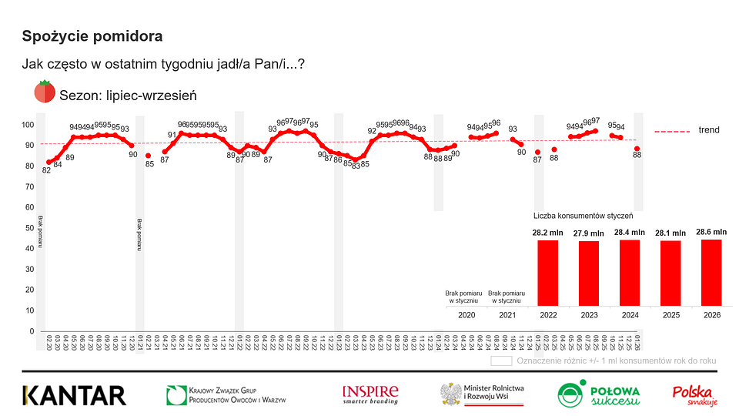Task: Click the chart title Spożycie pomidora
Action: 92,36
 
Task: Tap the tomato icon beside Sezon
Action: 44,92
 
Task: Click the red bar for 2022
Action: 548,273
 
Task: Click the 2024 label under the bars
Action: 630,315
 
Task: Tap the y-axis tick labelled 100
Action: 27,125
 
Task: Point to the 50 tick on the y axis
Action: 29,228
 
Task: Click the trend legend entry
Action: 708,130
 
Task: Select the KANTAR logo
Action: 74,396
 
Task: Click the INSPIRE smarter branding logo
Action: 370,394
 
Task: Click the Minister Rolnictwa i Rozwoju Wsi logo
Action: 483,394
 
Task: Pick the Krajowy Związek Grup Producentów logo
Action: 226,395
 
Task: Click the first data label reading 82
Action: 46,170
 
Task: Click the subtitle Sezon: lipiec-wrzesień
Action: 128,95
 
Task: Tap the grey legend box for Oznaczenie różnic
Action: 501,360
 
